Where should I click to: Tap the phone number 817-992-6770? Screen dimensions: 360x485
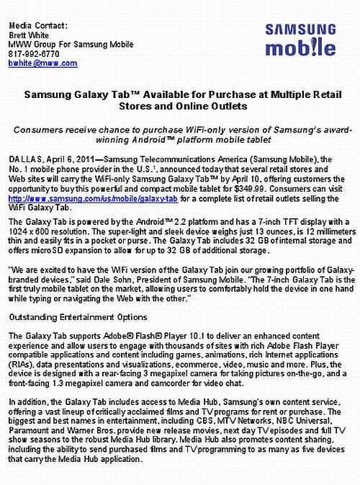tap(34, 53)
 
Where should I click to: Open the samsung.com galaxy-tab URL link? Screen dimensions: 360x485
tap(93, 197)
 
